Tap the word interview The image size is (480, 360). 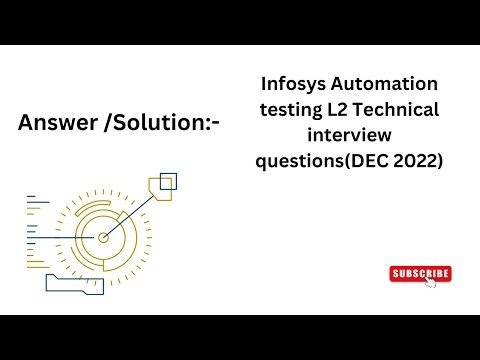(x=355, y=134)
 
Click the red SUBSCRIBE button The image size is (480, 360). (x=420, y=273)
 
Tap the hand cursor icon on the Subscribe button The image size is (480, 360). (x=430, y=281)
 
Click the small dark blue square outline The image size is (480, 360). (x=168, y=181)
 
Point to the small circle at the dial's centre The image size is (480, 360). (x=103, y=237)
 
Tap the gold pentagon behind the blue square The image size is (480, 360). (x=159, y=190)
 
